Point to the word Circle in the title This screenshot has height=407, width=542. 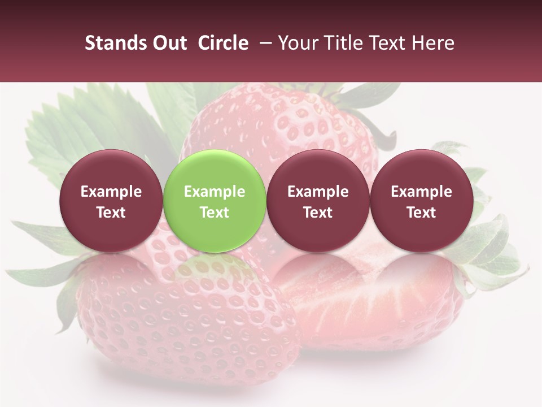(223, 43)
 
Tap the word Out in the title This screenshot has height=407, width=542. (169, 43)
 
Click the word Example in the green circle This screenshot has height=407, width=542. (215, 192)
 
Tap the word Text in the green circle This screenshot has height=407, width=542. (215, 213)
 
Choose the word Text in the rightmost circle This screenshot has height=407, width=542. (421, 213)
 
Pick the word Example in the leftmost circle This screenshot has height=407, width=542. (111, 192)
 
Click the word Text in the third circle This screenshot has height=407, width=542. (318, 213)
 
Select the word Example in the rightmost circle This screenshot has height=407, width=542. (421, 192)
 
